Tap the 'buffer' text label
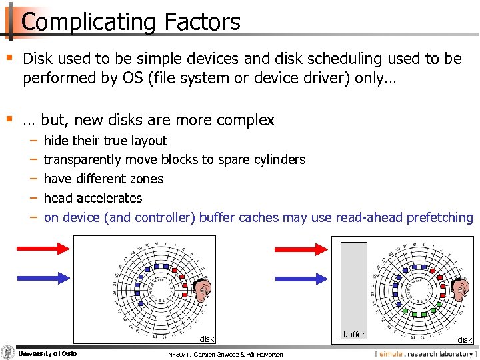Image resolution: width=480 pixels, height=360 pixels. (354, 334)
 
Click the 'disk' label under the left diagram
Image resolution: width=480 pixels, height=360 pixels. (207, 338)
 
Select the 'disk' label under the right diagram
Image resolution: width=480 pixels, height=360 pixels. (465, 339)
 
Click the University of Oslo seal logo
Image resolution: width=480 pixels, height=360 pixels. (8, 353)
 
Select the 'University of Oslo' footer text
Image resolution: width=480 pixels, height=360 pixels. (47, 353)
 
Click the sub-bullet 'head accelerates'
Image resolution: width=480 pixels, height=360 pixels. (93, 198)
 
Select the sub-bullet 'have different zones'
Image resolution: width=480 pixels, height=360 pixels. (103, 179)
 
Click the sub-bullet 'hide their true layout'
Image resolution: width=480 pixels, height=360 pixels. (105, 141)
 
